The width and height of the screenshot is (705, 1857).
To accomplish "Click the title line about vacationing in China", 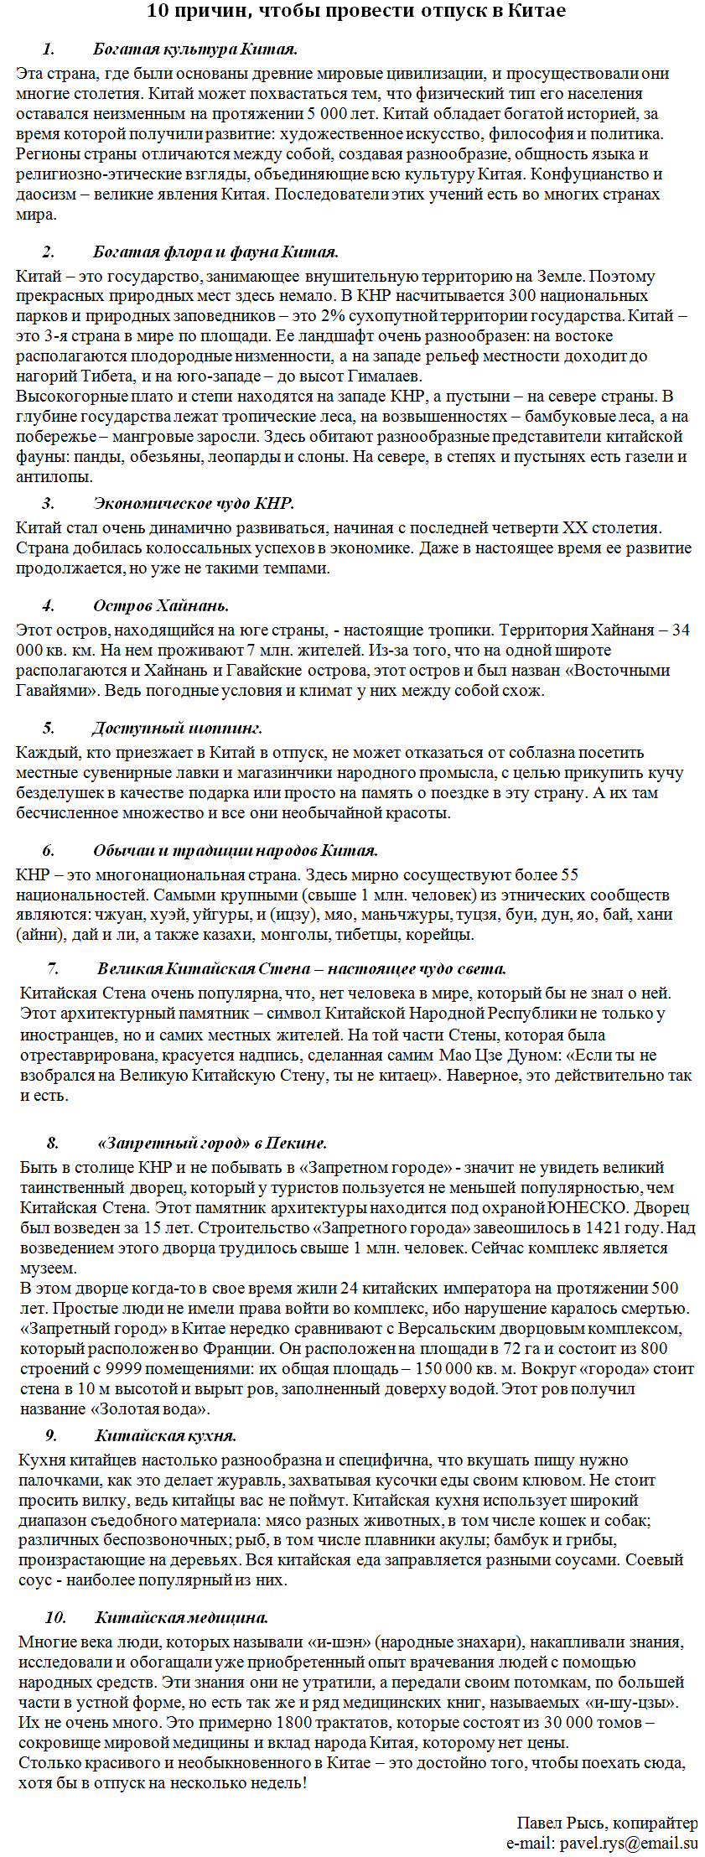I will click(355, 11).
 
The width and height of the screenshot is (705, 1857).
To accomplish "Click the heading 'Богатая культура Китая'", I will click(195, 49).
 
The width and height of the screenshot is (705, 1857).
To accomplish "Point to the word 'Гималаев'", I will click(384, 376).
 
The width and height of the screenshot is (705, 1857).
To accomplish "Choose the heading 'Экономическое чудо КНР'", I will click(194, 503).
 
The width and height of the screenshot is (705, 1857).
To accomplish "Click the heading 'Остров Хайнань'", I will click(161, 605).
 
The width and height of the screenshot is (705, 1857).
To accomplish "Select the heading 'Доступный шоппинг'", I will click(178, 728).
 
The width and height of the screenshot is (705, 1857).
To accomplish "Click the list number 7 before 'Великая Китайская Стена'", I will click(53, 969).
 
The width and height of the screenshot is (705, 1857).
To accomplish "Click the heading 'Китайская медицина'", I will click(182, 1618).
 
